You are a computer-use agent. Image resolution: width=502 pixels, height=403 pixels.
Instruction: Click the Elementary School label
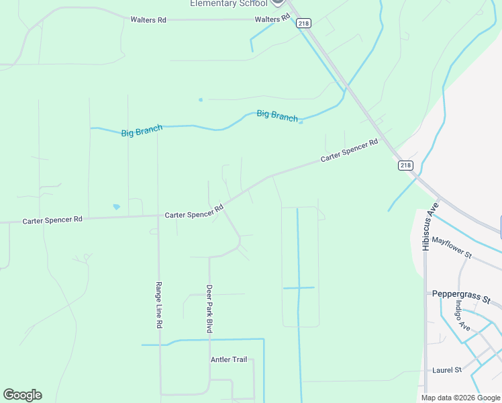click(x=228, y=3)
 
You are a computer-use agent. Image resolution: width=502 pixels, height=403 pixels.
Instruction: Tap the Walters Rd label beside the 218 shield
click(x=272, y=19)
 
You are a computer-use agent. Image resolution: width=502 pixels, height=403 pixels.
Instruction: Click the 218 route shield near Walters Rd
click(x=304, y=23)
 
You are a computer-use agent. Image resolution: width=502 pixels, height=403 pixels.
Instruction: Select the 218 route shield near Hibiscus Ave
click(x=405, y=165)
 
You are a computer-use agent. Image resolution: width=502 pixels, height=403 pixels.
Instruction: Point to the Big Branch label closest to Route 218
click(x=277, y=116)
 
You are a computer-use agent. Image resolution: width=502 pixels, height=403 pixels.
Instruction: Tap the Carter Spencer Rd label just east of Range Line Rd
click(x=195, y=212)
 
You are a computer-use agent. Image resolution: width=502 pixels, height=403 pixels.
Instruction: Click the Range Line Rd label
click(x=160, y=304)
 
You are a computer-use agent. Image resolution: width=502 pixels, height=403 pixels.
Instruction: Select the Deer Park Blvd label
click(x=209, y=309)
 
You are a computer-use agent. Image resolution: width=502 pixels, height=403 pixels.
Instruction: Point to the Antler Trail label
click(x=229, y=360)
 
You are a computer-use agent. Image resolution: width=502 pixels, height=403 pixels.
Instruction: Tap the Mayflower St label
click(x=452, y=247)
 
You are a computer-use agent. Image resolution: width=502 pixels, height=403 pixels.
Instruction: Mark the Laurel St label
click(x=448, y=370)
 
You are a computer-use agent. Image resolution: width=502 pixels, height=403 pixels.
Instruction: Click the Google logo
click(x=22, y=395)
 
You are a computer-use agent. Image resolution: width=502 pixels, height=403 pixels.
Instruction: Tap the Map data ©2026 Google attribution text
click(x=461, y=398)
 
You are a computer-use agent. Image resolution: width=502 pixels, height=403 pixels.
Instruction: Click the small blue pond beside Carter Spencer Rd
click(x=116, y=207)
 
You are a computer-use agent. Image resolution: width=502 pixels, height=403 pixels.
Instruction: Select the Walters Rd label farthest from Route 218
click(x=148, y=20)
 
